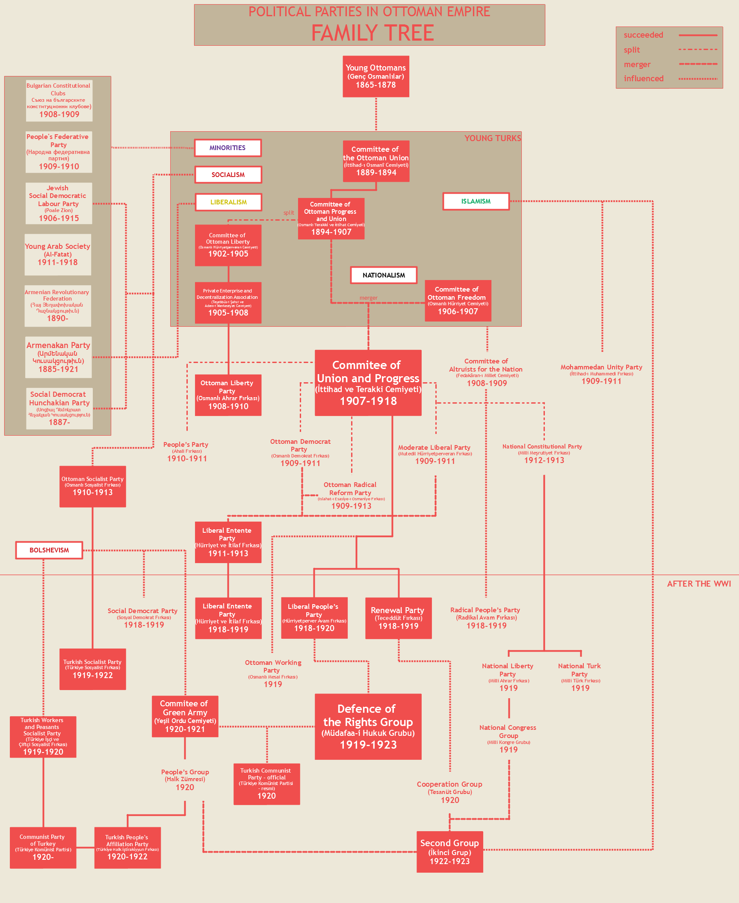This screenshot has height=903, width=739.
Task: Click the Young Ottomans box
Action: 375,76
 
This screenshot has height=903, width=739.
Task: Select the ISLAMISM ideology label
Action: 476,201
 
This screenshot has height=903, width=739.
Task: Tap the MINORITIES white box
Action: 228,148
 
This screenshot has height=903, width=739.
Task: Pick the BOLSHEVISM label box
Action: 49,550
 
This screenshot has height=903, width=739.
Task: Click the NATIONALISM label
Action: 384,275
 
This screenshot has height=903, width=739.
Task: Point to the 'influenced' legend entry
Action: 643,79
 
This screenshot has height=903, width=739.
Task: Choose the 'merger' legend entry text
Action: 637,65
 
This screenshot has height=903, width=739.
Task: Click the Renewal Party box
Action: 398,618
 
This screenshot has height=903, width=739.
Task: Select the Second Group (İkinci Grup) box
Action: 449,852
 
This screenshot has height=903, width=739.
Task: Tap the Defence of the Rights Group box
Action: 368,726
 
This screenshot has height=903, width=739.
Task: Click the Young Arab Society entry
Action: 58,254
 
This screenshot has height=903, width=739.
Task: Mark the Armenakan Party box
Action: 59,357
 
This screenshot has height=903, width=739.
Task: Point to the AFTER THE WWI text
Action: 699,584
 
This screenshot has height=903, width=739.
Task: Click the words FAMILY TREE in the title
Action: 372,33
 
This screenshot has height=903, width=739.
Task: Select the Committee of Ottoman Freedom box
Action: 458,301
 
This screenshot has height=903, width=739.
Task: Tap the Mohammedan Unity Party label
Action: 601,374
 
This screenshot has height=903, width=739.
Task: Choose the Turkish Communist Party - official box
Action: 266,784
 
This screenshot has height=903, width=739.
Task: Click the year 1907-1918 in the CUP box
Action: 368,401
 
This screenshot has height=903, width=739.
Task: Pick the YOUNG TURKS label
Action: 492,138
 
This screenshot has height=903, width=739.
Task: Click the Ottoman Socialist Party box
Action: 92,487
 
